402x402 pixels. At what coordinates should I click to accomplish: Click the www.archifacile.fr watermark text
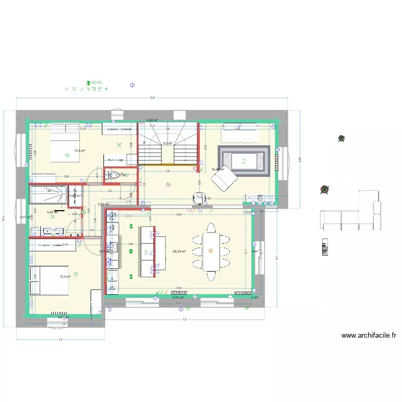click(x=369, y=336)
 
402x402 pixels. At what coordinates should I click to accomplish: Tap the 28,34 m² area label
click(x=178, y=250)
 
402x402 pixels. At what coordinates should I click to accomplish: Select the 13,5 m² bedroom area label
click(x=80, y=151)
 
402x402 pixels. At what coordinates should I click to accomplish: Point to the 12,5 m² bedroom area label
click(x=65, y=277)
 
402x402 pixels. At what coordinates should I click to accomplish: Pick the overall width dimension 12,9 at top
click(x=152, y=98)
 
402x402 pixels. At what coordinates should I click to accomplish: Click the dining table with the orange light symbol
click(x=210, y=251)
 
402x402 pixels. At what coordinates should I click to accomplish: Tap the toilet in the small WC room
click(x=113, y=174)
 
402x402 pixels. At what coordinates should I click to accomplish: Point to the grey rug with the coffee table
click(x=243, y=160)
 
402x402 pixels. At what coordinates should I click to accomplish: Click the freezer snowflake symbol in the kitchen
click(x=113, y=218)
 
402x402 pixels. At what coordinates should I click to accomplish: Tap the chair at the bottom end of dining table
click(x=210, y=277)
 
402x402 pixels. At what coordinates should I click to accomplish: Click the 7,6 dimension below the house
click(x=184, y=320)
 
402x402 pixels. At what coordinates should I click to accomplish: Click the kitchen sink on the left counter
click(x=113, y=248)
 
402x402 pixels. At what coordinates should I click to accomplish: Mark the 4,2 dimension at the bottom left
click(x=60, y=340)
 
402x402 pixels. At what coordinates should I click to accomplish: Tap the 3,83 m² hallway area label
click(x=103, y=204)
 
